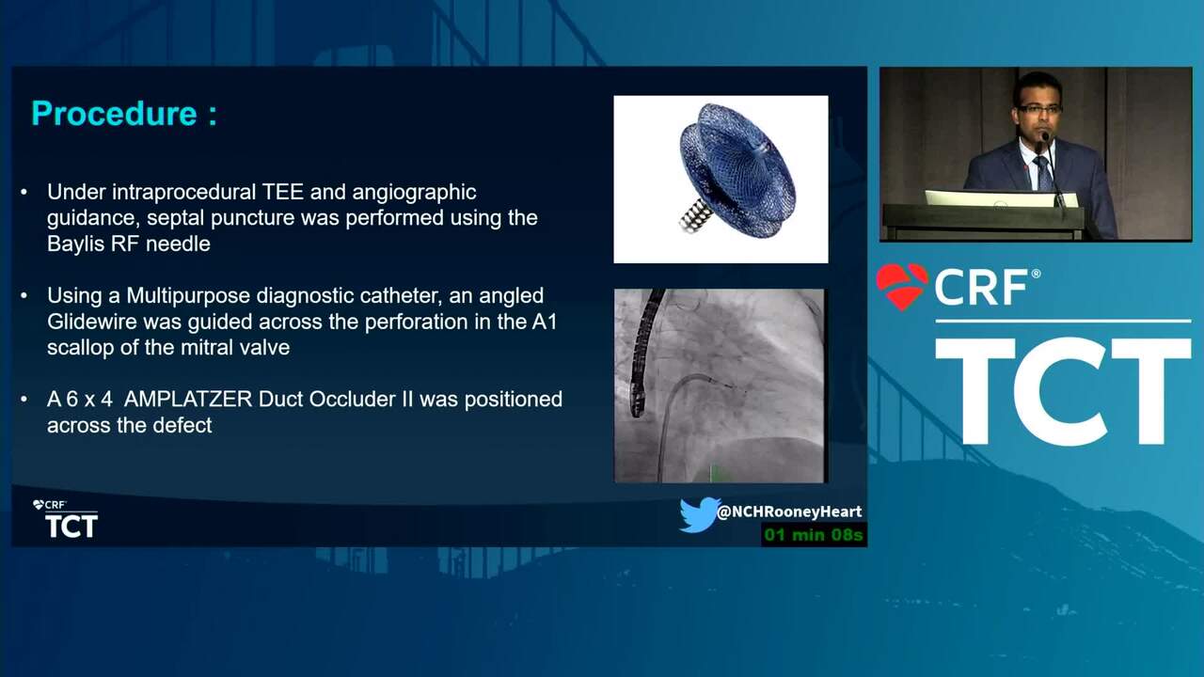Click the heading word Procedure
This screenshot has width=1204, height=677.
pos(115,114)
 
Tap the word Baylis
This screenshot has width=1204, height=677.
pos(76,244)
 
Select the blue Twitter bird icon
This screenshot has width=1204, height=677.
pos(699,514)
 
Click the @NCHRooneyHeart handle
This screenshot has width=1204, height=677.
pos(789,512)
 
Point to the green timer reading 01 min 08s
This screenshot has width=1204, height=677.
pos(814,535)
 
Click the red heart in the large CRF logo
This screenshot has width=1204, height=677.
pos(902,285)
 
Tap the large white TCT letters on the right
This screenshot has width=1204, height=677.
pos(1063,391)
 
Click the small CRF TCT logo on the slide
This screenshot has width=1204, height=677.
pos(65,518)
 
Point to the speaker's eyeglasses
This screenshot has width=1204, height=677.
pos(1039,108)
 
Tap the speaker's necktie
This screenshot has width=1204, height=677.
pos(1043,172)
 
